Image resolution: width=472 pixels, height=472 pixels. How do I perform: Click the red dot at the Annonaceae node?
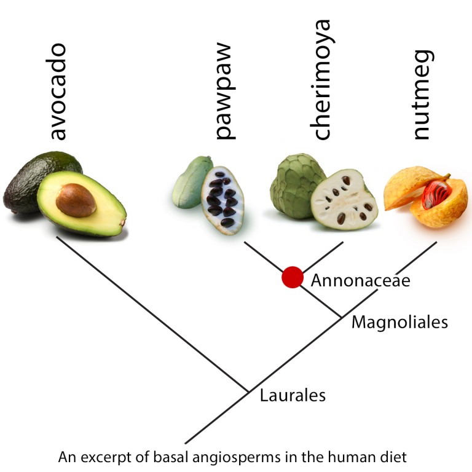coord(293,277)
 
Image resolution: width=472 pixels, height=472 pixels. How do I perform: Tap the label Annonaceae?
coord(360,280)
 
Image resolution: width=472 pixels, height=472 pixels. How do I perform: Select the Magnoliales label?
coord(399,323)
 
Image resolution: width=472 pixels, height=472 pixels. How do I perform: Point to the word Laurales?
coord(293,395)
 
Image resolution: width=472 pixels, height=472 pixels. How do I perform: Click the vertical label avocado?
coord(57,92)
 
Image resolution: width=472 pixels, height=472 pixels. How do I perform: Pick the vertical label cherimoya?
coord(321,79)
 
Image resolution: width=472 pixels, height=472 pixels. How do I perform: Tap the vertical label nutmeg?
coord(423,95)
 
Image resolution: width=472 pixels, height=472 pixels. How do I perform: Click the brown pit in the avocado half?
coord(76,200)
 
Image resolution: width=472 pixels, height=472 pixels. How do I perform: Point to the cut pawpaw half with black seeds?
coord(222,200)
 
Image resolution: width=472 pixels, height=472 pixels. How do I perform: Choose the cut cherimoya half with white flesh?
coord(344,200)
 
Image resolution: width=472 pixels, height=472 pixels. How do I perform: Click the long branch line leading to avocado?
coord(152,314)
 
